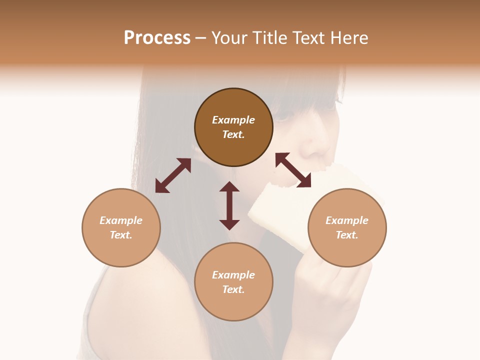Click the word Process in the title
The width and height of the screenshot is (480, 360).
click(x=157, y=37)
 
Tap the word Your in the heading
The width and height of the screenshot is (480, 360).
click(x=230, y=37)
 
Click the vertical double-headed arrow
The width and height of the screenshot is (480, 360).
click(x=229, y=205)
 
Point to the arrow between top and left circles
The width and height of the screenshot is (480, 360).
click(x=173, y=175)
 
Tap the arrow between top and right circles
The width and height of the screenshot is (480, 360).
click(x=293, y=170)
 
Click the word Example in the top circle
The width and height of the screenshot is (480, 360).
click(x=233, y=120)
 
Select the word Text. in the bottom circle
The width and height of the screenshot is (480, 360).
click(x=233, y=289)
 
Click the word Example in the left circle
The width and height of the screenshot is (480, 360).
click(x=121, y=220)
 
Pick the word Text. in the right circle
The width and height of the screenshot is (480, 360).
click(x=347, y=235)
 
